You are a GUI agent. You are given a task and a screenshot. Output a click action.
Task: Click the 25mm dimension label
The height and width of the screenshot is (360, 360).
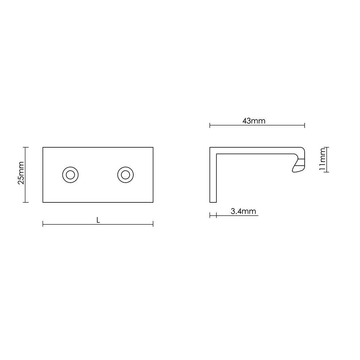[x=21, y=173]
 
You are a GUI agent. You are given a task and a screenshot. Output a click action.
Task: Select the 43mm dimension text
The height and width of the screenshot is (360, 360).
[x=254, y=121]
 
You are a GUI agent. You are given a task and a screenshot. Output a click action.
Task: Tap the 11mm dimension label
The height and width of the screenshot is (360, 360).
[x=322, y=160]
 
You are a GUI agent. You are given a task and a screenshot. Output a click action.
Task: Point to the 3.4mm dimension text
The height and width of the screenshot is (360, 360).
[x=243, y=211]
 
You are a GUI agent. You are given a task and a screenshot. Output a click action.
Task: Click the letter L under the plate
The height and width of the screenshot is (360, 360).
[x=98, y=220]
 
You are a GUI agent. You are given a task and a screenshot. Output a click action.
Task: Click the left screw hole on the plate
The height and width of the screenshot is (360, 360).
[x=70, y=175]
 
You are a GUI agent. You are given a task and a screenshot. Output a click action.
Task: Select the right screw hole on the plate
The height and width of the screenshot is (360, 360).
[x=125, y=175]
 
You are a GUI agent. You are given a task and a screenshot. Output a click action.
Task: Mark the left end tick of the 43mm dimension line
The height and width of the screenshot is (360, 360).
[x=210, y=125]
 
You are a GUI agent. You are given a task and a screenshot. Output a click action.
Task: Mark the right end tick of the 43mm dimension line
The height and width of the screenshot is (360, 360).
[x=305, y=125]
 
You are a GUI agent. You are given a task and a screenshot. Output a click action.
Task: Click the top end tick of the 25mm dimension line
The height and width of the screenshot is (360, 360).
[x=26, y=147]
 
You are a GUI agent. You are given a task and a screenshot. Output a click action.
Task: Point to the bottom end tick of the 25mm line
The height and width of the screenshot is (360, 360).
[x=26, y=202]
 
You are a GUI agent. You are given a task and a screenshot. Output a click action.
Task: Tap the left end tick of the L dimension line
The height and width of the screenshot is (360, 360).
[x=43, y=224]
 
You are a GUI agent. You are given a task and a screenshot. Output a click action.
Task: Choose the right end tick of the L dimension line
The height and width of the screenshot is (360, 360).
[x=153, y=224]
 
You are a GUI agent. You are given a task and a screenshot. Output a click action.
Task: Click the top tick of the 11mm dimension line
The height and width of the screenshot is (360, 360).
[x=326, y=147]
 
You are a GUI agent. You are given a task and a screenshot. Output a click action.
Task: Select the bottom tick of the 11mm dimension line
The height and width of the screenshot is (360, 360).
[x=326, y=172]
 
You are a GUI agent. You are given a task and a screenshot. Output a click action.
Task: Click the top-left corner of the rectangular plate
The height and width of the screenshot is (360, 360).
[x=43, y=147]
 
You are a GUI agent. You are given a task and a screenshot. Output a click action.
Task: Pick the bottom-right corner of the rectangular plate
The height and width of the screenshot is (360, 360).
[x=153, y=202]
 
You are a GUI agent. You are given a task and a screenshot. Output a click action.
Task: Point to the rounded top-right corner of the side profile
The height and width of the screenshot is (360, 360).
[x=303, y=149]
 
